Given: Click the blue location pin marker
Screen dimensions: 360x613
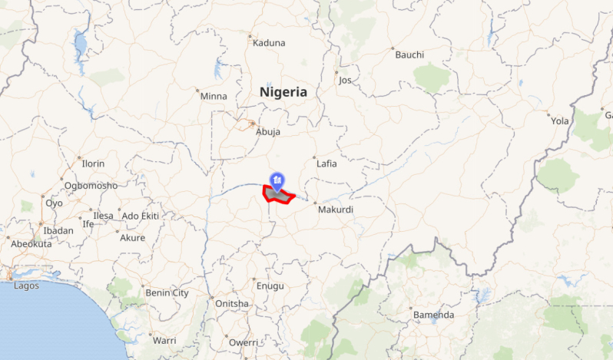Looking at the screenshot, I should click(x=276, y=181).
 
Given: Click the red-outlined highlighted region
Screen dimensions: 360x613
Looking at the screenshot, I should click(x=280, y=197).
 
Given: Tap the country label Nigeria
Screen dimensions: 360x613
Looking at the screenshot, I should click(x=283, y=92).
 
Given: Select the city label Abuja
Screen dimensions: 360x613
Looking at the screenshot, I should click(x=268, y=131).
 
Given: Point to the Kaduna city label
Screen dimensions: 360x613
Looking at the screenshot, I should click(x=269, y=43).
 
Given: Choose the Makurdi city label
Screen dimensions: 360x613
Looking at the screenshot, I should click(x=336, y=209).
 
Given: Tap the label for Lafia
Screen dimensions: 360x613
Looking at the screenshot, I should click(x=326, y=163).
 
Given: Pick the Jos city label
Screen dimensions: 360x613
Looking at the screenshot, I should click(x=345, y=80).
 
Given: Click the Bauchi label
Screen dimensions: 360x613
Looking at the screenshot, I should click(x=409, y=54).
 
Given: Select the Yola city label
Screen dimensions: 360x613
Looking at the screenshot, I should click(x=560, y=121).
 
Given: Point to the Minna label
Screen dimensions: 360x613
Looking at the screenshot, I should click(x=214, y=96).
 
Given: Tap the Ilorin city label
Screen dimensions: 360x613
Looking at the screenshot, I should click(x=93, y=163).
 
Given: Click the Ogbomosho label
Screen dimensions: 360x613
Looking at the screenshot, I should click(x=91, y=186).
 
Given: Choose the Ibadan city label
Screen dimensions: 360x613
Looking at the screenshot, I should click(x=58, y=230).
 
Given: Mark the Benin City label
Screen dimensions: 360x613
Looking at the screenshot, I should click(x=167, y=292).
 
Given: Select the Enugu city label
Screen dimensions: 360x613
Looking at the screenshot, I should click(x=270, y=286).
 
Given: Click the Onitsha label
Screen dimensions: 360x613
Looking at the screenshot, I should click(x=232, y=303).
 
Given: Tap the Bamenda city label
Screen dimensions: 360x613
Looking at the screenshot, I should click(x=434, y=315).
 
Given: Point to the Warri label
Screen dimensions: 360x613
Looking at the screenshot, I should click(x=164, y=339).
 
